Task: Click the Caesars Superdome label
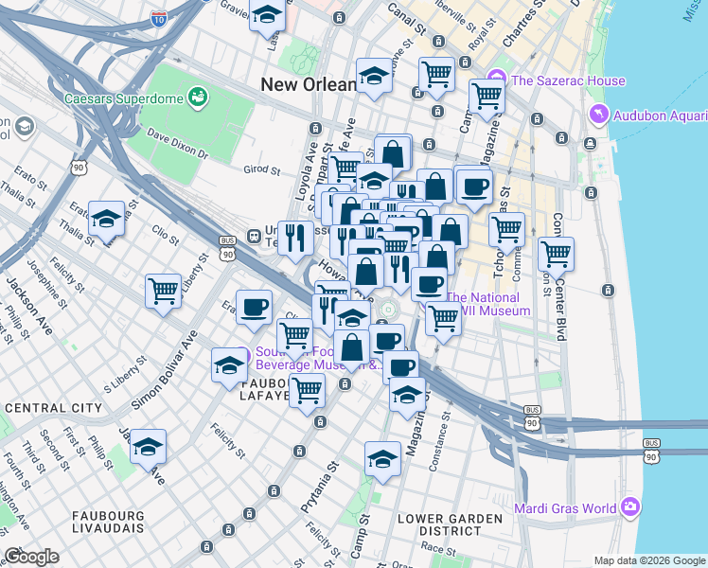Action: coord(122,98)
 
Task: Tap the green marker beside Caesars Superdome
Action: coord(198,97)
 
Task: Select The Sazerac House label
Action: coord(568,80)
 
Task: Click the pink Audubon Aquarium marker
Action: coord(598,115)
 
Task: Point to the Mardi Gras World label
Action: coord(565,508)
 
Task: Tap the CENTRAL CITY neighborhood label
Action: coord(53,408)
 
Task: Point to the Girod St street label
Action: coord(262,171)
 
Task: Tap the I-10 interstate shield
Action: coord(158,17)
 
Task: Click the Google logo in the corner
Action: coord(31,557)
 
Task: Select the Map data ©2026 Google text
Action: coord(648,560)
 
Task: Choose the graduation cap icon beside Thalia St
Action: coord(106,218)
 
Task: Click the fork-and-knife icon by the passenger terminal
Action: coord(295,238)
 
